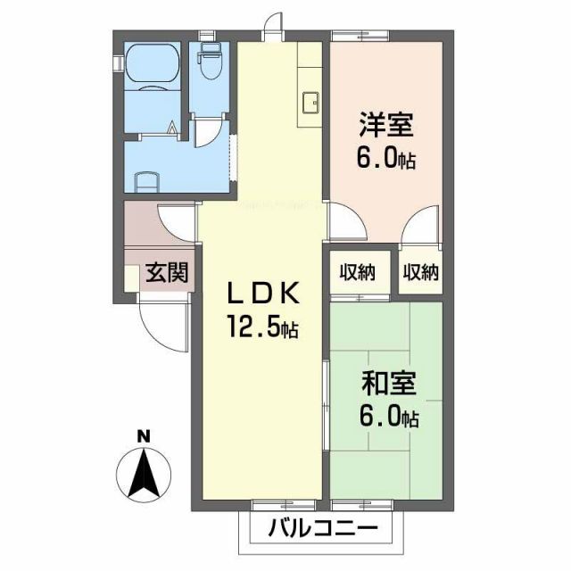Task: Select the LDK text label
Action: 259,293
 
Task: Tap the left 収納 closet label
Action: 356,272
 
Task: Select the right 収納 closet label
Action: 420,272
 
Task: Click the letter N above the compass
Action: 142,436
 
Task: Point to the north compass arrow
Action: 142,473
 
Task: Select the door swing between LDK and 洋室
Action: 341,222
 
